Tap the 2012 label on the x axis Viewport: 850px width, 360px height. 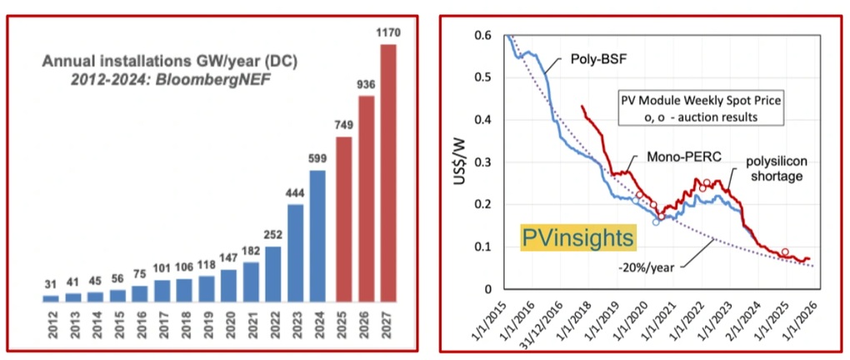[x=52, y=323]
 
